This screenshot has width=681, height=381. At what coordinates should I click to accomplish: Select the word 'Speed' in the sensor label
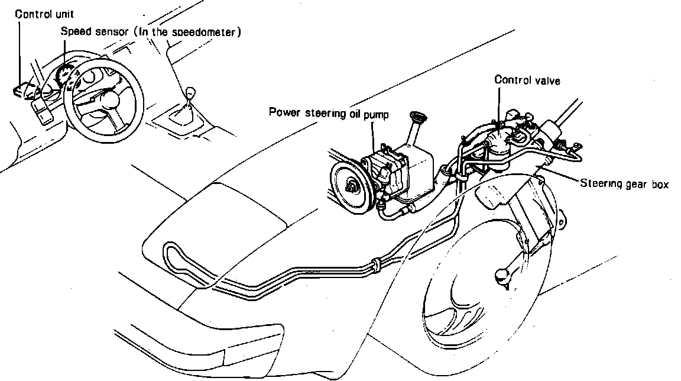tap(74, 31)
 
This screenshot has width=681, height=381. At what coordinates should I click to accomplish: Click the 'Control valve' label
tap(527, 79)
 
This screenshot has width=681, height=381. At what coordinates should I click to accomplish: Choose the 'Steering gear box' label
tap(624, 184)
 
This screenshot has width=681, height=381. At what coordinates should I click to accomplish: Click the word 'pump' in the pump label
tap(377, 113)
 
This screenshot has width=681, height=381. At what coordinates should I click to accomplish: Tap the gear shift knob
tap(190, 93)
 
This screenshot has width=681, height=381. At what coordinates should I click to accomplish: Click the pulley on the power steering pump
tap(352, 186)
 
